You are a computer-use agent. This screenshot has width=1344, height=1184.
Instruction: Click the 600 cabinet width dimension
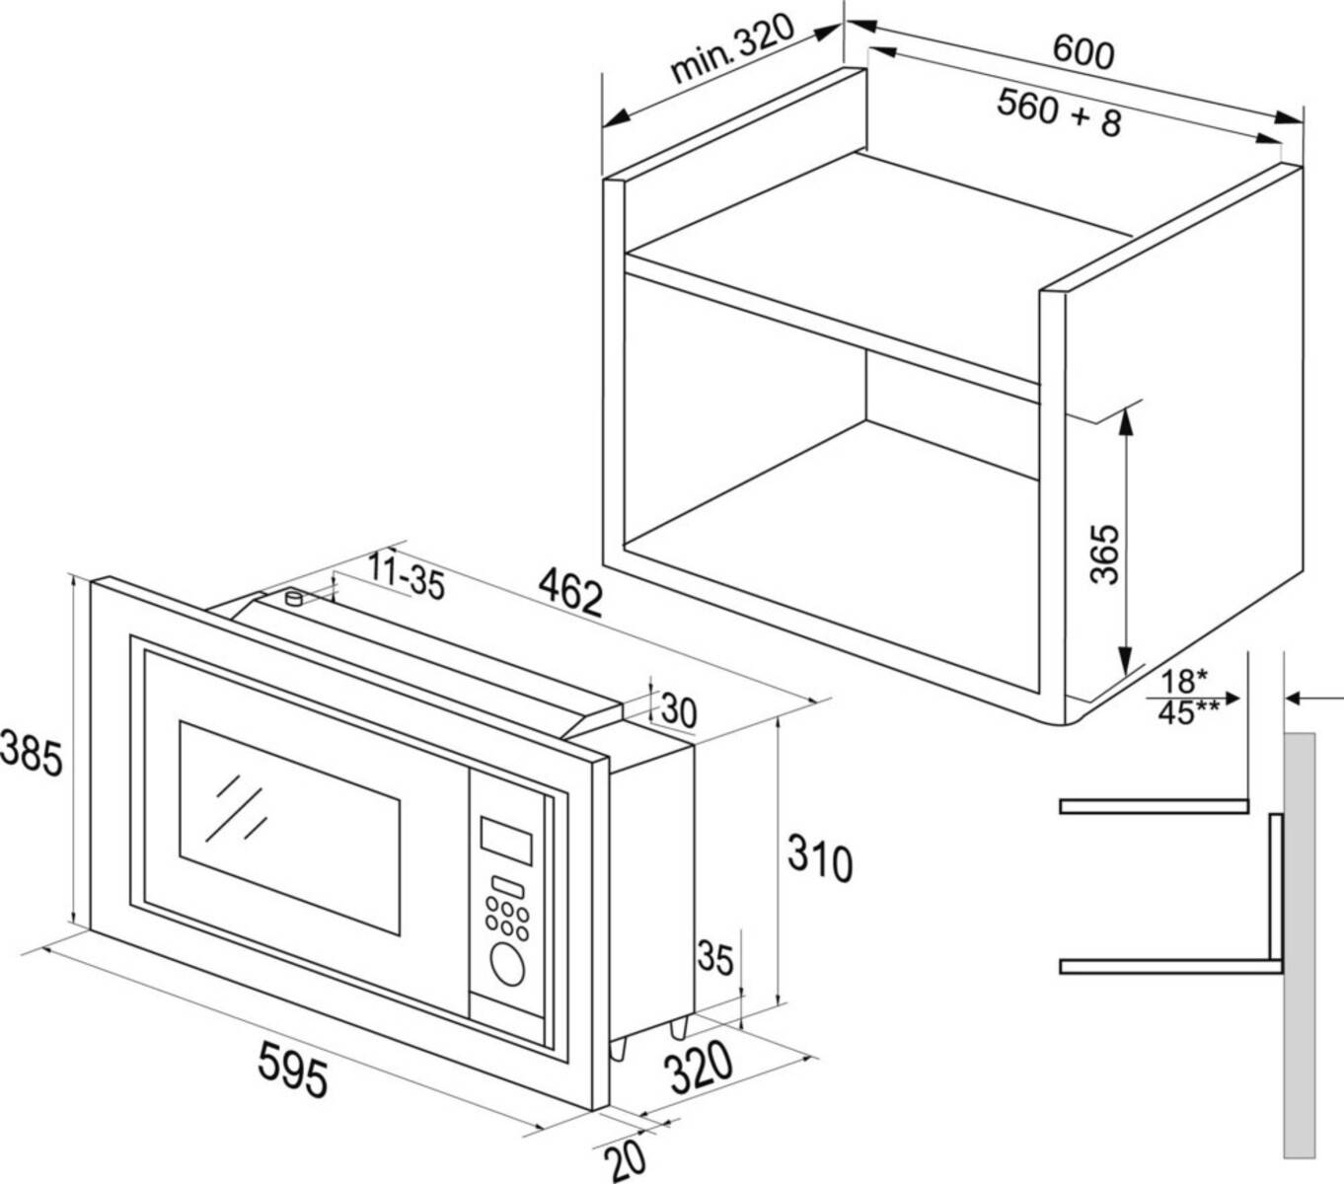[x=1083, y=50]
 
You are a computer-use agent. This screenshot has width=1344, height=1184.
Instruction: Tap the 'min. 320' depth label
[x=731, y=50]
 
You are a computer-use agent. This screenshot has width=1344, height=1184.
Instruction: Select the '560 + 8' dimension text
[x=1059, y=111]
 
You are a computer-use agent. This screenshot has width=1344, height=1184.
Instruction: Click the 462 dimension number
[x=569, y=594]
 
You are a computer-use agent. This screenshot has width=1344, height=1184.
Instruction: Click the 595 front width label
[x=292, y=1070]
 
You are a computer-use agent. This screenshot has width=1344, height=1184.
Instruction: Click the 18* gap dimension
[x=1183, y=682]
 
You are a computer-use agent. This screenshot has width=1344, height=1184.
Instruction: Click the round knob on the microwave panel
[x=506, y=963]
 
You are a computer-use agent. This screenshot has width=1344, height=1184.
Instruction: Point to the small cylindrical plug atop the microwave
[x=293, y=598]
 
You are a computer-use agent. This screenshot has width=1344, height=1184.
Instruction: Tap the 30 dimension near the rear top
[x=679, y=709]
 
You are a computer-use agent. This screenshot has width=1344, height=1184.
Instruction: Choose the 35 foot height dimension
[x=716, y=957]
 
